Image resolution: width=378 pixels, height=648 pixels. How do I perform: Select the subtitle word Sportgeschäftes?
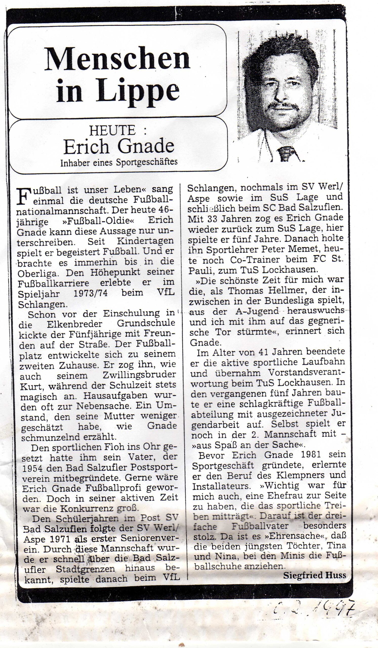[147, 162]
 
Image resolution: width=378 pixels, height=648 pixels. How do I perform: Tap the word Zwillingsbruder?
[139, 375]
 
